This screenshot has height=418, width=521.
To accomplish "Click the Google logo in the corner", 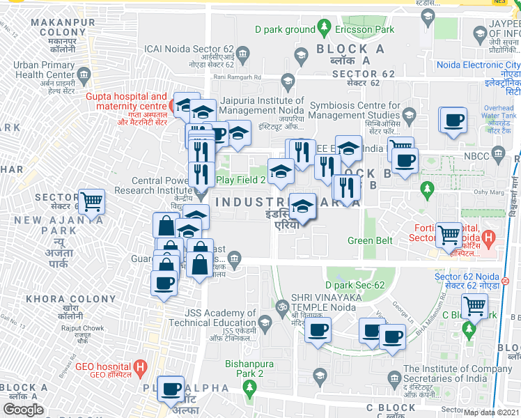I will pyautogui.click(x=24, y=410).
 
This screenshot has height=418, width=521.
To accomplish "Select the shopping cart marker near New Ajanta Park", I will pyautogui.click(x=92, y=202).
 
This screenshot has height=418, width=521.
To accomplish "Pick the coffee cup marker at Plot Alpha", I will pyautogui.click(x=170, y=389).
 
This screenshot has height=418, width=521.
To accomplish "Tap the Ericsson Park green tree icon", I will pyautogui.click(x=324, y=29).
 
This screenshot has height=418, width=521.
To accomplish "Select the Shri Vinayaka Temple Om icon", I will pyautogui.click(x=283, y=307).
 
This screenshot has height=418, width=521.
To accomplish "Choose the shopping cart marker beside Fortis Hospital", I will pyautogui.click(x=449, y=234).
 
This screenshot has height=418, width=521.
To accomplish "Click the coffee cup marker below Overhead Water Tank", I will pyautogui.click(x=453, y=120).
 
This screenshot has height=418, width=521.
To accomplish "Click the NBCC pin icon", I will pyautogui.click(x=497, y=153).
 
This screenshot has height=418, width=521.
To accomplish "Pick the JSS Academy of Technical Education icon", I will pyautogui.click(x=264, y=322).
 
